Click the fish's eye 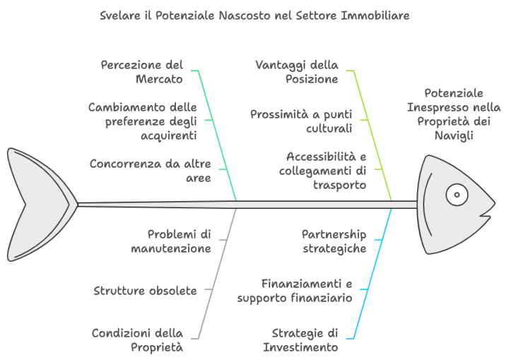coord(457,194)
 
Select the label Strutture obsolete coord(145,291)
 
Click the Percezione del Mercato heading coord(142,72)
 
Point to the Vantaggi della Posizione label coord(297,72)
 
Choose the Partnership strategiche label coord(334,241)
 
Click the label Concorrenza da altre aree coord(151,170)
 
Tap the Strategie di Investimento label coord(300,340)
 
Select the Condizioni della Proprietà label coord(138,340)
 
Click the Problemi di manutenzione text coord(171,241)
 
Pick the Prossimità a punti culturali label coord(301,121)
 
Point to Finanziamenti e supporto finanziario coord(295,291)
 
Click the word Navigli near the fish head coord(454,135)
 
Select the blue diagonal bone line coord(373,274)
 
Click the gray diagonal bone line coord(218,274)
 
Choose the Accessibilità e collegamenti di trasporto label coord(322,170)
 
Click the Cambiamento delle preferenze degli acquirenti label coord(143,121)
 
